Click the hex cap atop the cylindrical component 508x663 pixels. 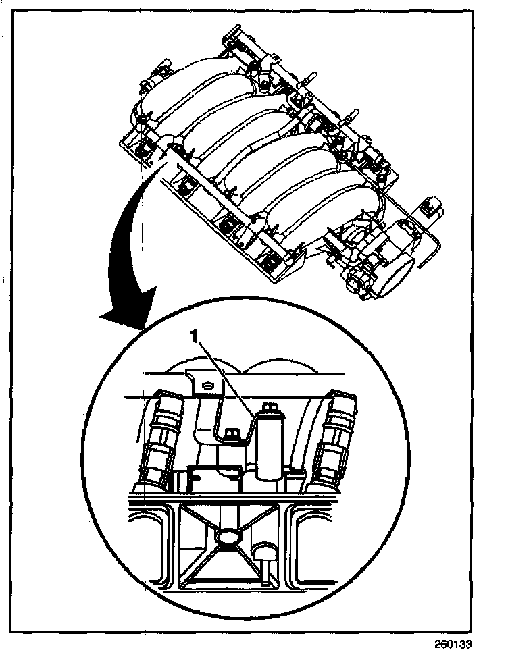[269, 408]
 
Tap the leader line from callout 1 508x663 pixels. [226, 375]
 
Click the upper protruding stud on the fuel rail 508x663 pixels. [313, 75]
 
